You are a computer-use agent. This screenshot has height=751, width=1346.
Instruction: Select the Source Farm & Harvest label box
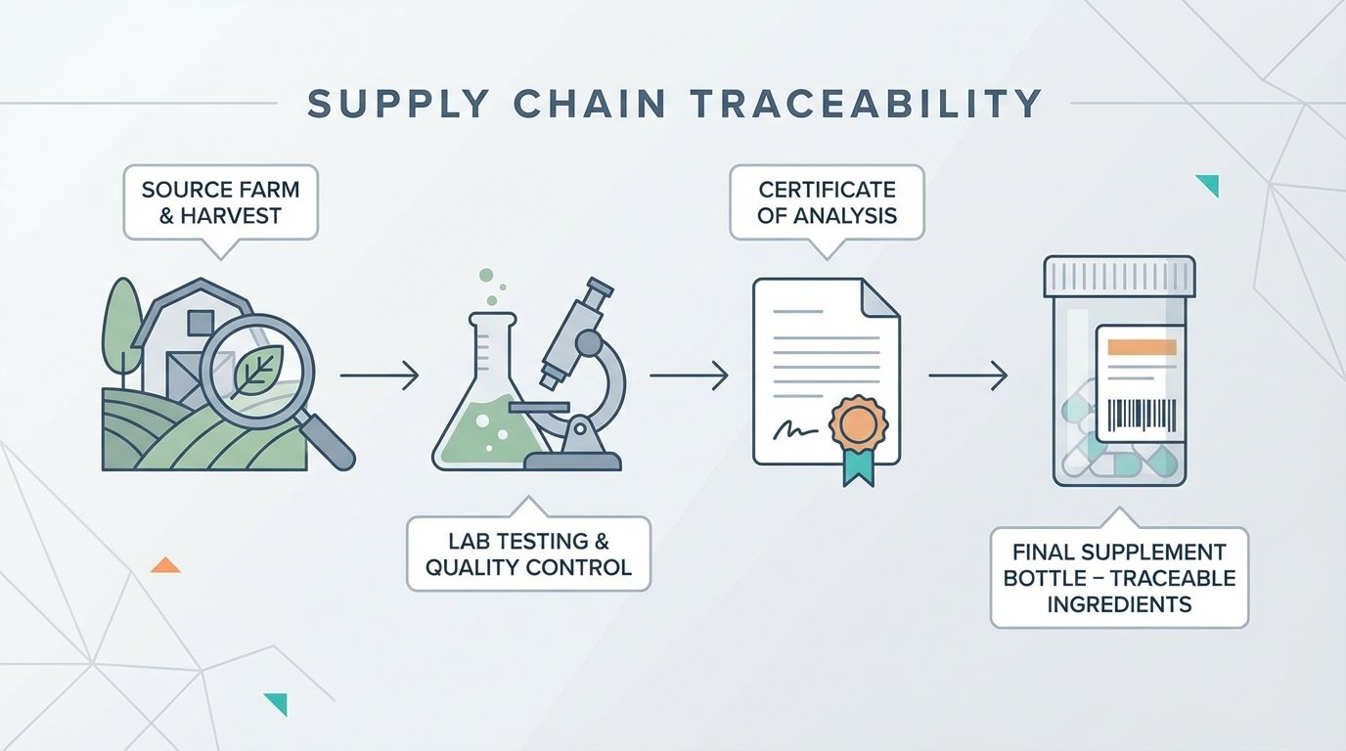pos(220,202)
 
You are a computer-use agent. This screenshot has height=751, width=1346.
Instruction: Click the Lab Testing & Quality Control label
pos(528,553)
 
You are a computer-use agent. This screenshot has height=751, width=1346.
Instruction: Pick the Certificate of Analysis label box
pos(827,201)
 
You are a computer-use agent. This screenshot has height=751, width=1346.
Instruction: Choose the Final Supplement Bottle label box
pos(1119,578)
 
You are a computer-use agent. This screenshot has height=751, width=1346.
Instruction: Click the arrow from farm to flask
pos(380,375)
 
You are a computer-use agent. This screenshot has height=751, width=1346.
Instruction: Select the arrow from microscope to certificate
pos(689,375)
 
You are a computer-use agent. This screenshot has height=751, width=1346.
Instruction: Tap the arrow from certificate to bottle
pos(967,375)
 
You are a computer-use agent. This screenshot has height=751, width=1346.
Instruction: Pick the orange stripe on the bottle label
pos(1142,347)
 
